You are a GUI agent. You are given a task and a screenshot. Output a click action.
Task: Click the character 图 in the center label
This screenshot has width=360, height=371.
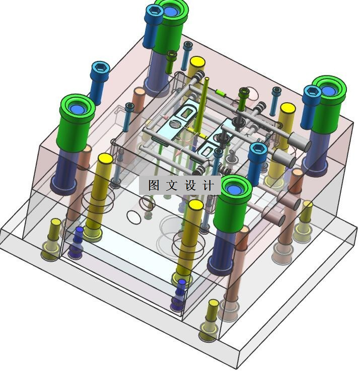[154, 185]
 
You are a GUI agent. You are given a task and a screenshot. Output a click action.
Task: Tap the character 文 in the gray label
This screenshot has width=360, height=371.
[172, 185]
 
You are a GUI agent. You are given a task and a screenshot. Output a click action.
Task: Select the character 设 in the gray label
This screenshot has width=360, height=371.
[190, 185]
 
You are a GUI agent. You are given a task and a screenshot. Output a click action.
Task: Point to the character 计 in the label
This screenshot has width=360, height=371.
[208, 185]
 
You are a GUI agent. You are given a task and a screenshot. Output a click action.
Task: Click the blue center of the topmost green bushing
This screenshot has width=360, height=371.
[170, 11]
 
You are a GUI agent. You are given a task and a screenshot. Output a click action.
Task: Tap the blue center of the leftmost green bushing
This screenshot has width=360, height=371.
[78, 109]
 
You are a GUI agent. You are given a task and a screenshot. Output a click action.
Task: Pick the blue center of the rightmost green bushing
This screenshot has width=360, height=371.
[328, 91]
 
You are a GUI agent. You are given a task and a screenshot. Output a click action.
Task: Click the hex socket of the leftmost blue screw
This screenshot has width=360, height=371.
[100, 67]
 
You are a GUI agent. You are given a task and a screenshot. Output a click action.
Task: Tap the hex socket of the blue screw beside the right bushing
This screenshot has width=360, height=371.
[312, 91]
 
